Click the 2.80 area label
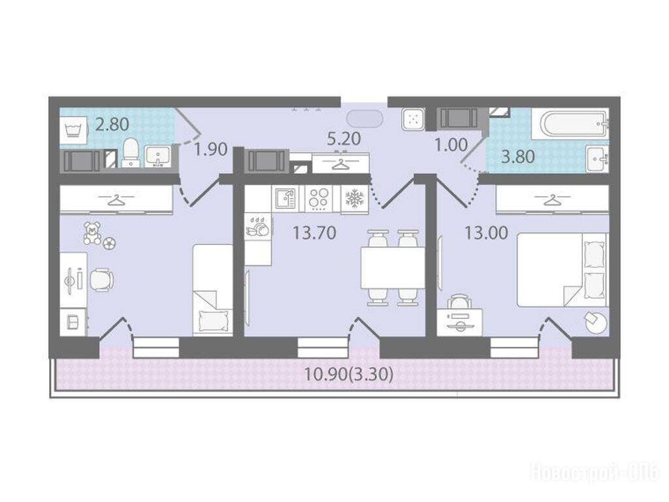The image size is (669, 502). point(112,124)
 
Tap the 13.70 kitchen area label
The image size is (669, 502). point(314,233)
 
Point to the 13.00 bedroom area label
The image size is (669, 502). point(486,233)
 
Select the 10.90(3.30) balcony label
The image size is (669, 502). point(348,375)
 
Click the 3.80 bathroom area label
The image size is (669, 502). point(518,157)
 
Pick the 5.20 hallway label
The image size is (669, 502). point(344,139)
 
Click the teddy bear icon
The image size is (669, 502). point(92,233)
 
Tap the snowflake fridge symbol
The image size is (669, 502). point(355,199)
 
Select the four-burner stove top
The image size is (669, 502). point(319,199)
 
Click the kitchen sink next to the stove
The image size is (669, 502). point(286,199)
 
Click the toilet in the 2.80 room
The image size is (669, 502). point(131,152)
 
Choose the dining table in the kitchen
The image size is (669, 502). point(393,268)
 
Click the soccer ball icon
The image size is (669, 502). point(110,243)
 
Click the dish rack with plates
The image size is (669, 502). point(259,226)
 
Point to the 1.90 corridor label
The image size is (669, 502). point(210,150)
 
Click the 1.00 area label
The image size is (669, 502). point(451,145)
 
